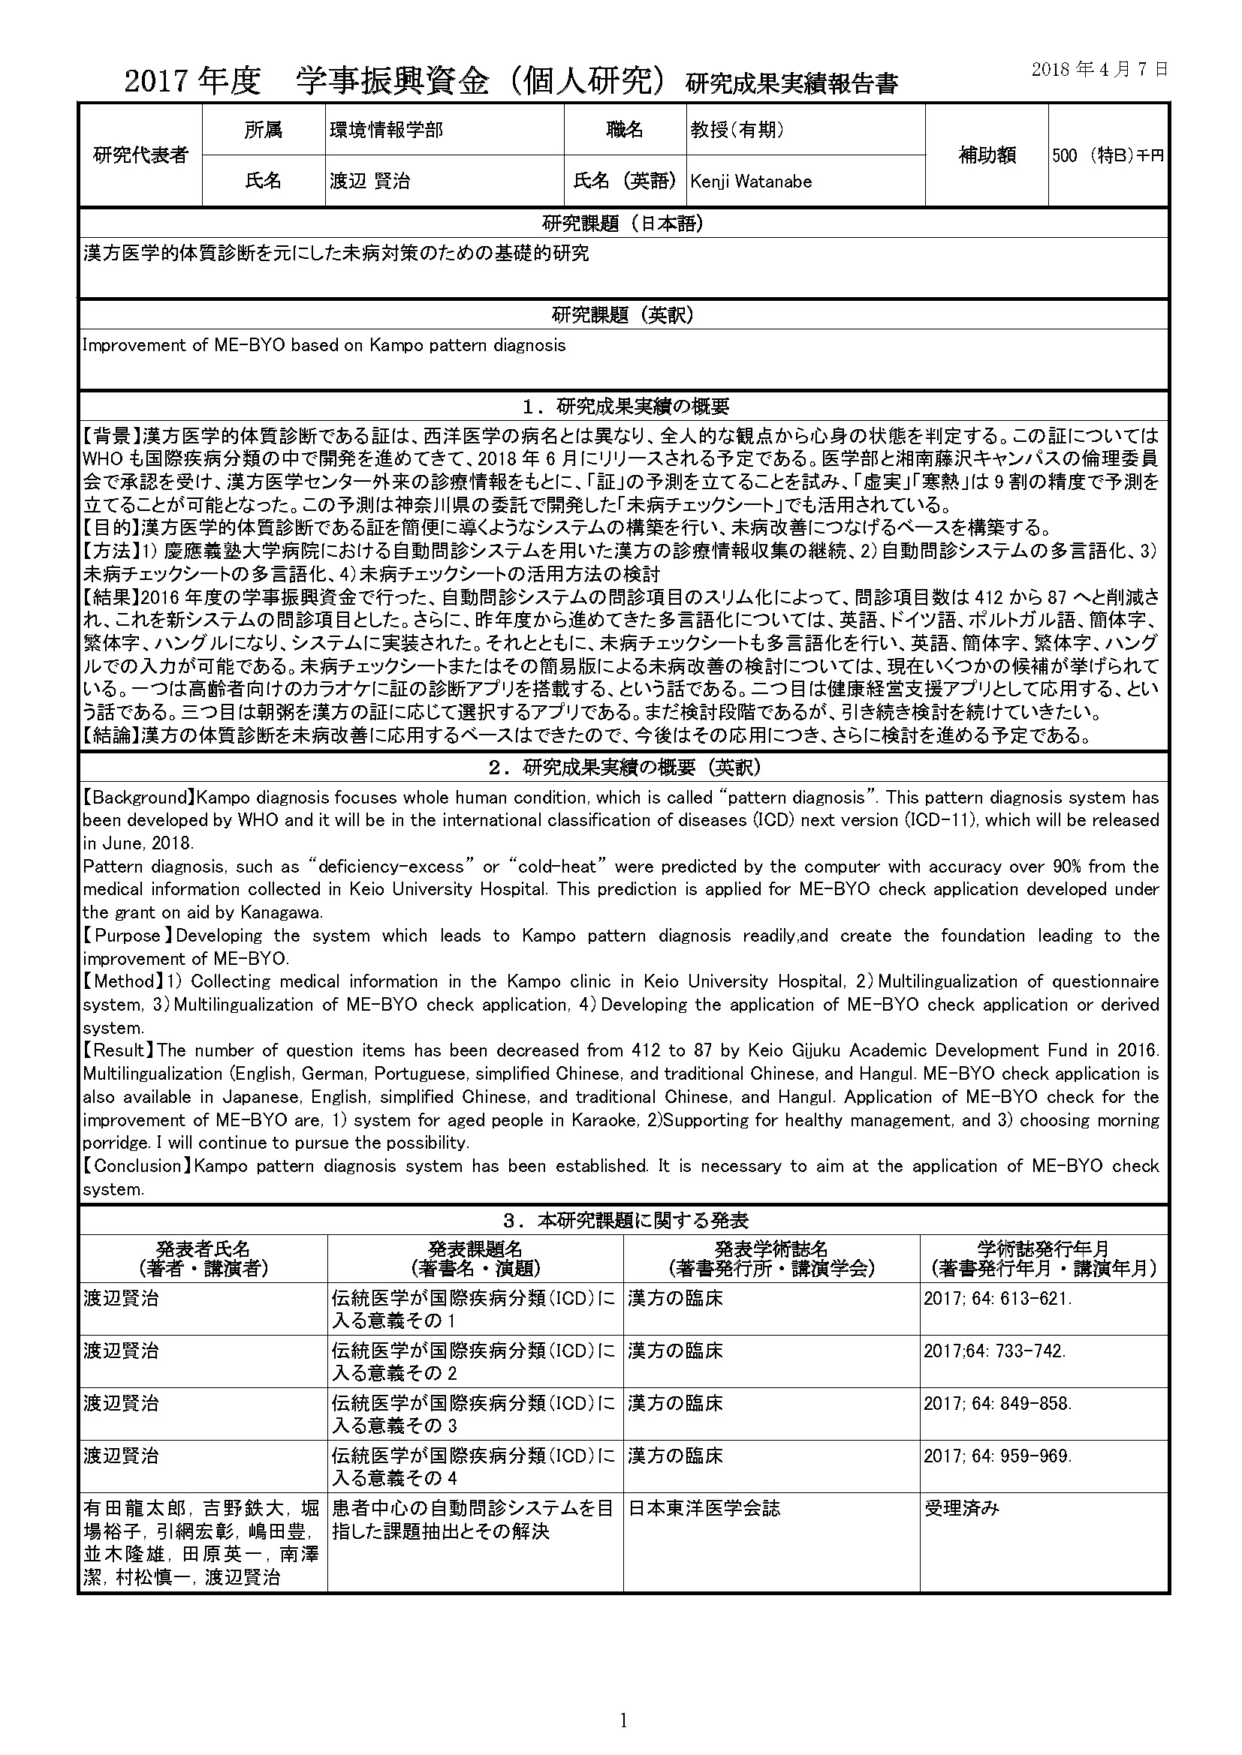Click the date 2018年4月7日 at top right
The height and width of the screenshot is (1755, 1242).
1099,69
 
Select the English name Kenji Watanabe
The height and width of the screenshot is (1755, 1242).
750,182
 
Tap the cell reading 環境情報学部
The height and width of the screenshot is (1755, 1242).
386,130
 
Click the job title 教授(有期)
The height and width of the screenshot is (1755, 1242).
737,130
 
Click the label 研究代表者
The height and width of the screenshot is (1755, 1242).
140,155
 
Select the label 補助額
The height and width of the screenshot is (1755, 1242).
987,155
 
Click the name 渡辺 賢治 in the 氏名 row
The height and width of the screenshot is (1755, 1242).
369,181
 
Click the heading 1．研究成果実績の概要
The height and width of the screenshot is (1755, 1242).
623,407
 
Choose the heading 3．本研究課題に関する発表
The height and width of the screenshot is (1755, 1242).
623,1221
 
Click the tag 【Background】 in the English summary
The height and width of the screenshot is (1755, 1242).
137,798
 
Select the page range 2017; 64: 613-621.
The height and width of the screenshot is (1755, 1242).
997,1299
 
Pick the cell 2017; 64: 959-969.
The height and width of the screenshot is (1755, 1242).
997,1456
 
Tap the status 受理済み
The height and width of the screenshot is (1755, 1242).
961,1508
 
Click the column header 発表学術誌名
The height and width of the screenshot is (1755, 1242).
771,1249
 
